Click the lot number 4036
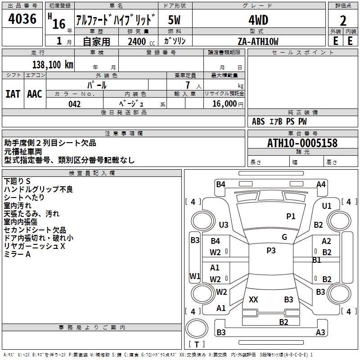click(22, 19)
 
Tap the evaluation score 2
click(343, 21)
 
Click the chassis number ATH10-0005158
click(302, 144)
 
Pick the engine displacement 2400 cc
click(137, 41)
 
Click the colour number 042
click(75, 104)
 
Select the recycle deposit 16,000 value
click(224, 104)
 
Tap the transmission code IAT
click(13, 94)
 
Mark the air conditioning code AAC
click(35, 94)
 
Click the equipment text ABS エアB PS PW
click(279, 121)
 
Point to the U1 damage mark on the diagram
click(327, 206)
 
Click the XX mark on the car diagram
click(253, 299)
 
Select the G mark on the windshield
click(284, 237)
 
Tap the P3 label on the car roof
click(271, 251)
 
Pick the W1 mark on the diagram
click(194, 276)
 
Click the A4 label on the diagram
click(321, 184)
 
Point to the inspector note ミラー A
click(17, 254)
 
